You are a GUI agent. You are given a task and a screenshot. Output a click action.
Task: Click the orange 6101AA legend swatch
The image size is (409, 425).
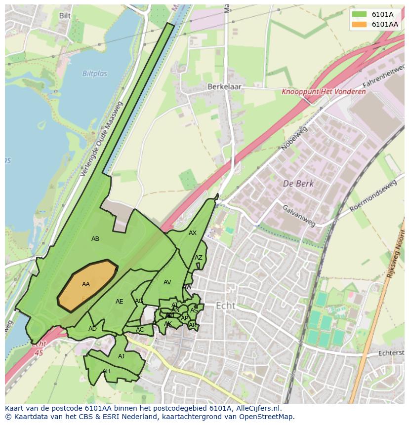coord(360,24)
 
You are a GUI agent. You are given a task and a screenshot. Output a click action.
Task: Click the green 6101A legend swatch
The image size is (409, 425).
coord(360,14)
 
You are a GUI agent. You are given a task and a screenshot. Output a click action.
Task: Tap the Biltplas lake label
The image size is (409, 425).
coord(94,74)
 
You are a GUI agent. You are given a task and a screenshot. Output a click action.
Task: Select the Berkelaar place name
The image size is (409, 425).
coord(222,86)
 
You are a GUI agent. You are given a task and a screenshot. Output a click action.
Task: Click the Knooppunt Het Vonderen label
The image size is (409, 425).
coord(324,92)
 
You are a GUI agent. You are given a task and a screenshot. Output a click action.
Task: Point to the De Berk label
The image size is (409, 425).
coord(298,183)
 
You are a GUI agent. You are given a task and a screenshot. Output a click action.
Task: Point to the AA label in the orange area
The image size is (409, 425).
coord(86,284)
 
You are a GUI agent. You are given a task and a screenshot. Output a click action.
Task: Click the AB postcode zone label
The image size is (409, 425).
coord(95,239)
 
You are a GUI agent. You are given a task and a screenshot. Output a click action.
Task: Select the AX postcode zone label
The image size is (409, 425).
coord(193,233)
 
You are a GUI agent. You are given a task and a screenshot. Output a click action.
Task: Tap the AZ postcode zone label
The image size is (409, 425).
coord(198,258)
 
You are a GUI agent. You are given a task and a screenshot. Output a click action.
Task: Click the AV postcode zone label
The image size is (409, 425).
coord(167,282)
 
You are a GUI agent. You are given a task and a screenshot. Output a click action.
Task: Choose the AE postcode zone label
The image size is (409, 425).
coord(119,302)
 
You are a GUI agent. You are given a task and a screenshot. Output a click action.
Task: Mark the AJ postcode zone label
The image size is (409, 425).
coord(121,356)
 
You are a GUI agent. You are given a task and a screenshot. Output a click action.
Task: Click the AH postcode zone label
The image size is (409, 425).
coord(106,371)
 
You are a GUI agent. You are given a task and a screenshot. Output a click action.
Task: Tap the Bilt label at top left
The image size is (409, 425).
coord(65,16)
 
